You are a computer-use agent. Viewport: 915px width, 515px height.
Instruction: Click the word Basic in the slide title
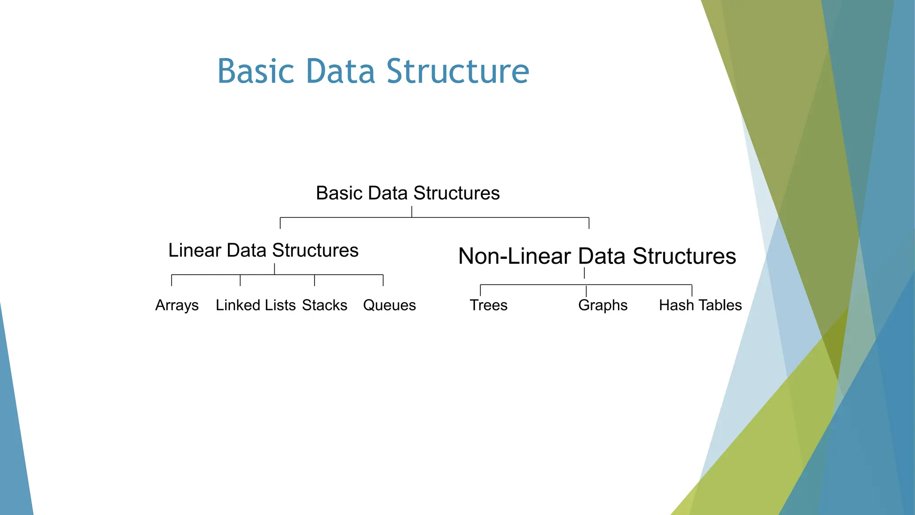[x=256, y=72]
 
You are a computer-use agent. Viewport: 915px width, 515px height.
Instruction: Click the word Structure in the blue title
[x=457, y=72]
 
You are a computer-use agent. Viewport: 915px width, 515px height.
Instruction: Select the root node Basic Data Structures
[x=407, y=193]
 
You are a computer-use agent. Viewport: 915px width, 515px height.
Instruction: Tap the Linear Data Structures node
[x=263, y=250]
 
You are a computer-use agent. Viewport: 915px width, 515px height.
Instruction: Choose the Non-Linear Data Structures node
[x=597, y=256]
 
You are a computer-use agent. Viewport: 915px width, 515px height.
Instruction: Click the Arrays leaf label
[x=177, y=305]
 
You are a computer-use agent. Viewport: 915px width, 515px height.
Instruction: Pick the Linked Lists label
[x=256, y=305]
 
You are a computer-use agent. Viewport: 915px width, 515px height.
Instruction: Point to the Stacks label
[x=324, y=305]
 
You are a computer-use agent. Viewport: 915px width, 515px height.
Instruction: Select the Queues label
[x=389, y=305]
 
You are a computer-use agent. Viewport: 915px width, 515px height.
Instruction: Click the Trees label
[x=488, y=305]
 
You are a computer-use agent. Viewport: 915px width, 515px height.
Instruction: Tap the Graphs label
[x=603, y=305]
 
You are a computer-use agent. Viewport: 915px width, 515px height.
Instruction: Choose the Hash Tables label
[x=700, y=305]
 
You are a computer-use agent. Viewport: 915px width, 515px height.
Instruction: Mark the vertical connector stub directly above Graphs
[x=586, y=291]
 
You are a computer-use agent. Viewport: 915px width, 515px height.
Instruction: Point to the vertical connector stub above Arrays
[x=172, y=280]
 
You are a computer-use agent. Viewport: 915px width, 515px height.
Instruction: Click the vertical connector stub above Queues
[x=383, y=280]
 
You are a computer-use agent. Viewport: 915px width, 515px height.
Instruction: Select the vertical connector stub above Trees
[x=480, y=290]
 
